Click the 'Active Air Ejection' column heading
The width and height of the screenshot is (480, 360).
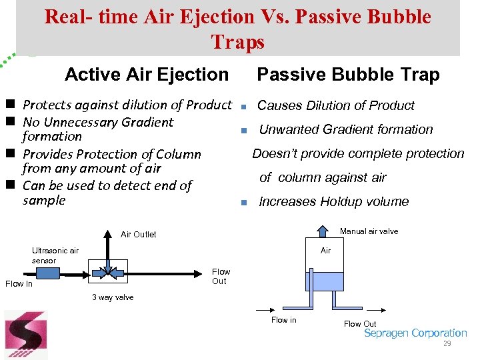click(x=146, y=74)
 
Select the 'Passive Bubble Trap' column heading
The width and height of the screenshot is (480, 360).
click(x=348, y=75)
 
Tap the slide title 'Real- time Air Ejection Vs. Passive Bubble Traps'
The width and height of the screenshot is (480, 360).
click(x=237, y=29)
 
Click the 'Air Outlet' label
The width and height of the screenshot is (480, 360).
click(x=138, y=235)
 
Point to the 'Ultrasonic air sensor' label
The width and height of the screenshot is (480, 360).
click(x=55, y=255)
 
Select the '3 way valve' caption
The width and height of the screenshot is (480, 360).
click(x=112, y=297)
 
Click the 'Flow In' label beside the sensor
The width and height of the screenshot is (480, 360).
click(x=19, y=284)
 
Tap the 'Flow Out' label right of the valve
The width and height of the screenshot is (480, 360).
click(x=221, y=276)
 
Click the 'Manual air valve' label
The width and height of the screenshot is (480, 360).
click(x=369, y=231)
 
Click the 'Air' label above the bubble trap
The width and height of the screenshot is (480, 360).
click(x=325, y=251)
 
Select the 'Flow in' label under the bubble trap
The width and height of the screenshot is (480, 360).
click(x=283, y=320)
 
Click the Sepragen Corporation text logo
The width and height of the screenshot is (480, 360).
click(x=415, y=333)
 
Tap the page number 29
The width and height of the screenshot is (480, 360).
click(x=447, y=343)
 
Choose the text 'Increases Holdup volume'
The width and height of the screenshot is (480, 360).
click(x=333, y=202)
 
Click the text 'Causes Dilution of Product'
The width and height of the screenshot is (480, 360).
click(x=335, y=105)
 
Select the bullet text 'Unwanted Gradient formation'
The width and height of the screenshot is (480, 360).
click(x=345, y=129)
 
